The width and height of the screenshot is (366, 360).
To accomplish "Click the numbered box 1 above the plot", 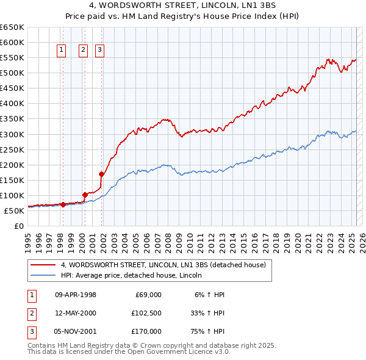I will coord(62,51).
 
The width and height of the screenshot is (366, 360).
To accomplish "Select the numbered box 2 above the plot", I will coord(84,51).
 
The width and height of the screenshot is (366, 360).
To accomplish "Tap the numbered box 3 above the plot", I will coord(99,51).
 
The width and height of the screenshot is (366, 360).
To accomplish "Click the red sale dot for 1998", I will coord(63,205).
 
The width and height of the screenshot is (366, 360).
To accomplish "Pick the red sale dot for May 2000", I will coord(85,195).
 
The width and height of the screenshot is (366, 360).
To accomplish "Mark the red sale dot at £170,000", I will coord(101,174).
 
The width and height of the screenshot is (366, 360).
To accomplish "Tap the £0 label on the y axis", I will coord(18,226).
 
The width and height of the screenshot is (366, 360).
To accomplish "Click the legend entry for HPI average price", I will coord(131,276).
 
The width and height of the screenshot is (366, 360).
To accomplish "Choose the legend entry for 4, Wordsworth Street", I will coord(163,265).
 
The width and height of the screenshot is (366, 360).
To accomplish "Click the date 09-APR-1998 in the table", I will coord(76,295).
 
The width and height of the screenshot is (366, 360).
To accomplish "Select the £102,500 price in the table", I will coord(146,313).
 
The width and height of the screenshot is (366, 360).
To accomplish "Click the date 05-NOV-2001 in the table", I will coord(76,331).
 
